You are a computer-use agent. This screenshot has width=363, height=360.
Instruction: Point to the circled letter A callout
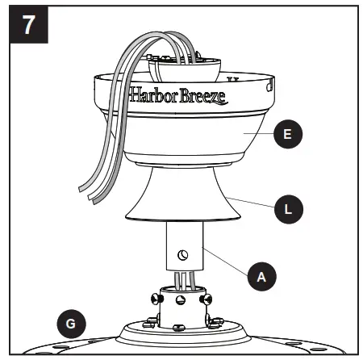[261, 276]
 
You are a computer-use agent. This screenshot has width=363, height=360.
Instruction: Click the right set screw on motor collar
[211, 299]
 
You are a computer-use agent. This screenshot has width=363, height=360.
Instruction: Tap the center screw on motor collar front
[178, 305]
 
